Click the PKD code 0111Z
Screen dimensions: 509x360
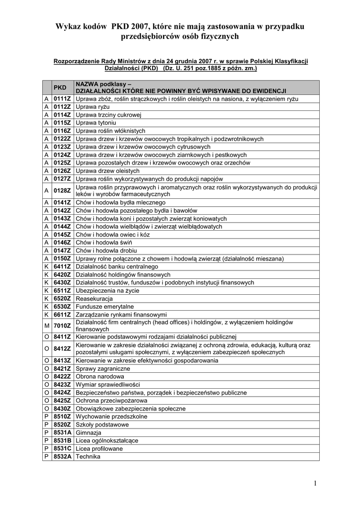62,99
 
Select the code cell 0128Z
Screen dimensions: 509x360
62,190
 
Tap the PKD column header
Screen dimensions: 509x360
60,87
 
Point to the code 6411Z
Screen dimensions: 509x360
62,266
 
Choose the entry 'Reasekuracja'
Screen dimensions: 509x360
94,298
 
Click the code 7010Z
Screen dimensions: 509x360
62,326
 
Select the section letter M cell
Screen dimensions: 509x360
46,326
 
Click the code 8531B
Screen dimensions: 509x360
62,440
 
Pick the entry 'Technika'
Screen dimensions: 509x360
88,456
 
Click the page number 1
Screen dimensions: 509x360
316,483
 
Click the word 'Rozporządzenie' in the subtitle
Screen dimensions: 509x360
75,61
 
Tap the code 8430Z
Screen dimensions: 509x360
62,408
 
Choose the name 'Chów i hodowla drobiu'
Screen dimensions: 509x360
106,251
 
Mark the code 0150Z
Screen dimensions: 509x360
62,258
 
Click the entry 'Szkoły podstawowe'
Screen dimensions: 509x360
102,424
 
